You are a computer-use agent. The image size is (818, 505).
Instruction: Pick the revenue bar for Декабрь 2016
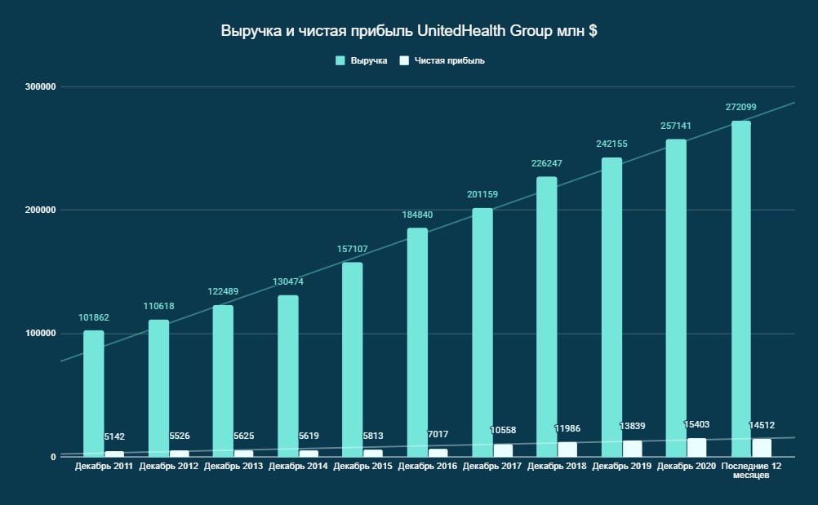point(417,343)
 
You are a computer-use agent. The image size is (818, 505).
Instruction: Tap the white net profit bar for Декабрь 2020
point(697,447)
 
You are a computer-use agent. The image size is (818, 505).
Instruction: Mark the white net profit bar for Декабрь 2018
point(567,449)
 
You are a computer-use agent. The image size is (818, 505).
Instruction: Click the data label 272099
point(740,108)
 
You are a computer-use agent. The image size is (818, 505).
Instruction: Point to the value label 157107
point(353,249)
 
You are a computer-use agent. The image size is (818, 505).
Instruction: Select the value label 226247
point(547,163)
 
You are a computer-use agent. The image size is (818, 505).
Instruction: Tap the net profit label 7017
point(439,435)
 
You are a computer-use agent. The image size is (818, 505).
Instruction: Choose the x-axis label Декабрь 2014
point(298,466)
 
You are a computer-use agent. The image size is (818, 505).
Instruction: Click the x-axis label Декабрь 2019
point(622,466)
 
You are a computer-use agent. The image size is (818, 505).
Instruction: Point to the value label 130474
point(288,282)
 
